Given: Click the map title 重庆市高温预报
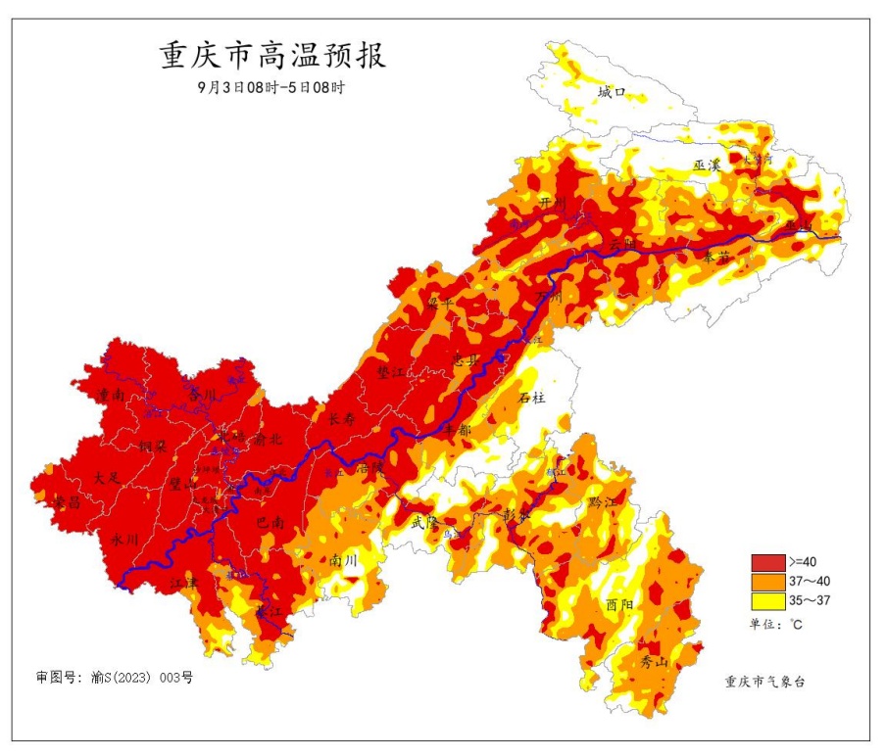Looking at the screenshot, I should pyautogui.click(x=272, y=56).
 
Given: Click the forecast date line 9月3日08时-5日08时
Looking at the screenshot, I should pyautogui.click(x=271, y=87).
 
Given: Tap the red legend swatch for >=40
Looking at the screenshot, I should pyautogui.click(x=767, y=562).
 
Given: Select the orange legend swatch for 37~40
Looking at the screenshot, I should pyautogui.click(x=767, y=582).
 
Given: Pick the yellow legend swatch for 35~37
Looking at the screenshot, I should pyautogui.click(x=767, y=600).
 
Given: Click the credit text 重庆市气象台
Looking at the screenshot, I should pyautogui.click(x=764, y=682).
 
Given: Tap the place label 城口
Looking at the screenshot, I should pyautogui.click(x=612, y=93).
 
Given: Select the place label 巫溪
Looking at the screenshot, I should pyautogui.click(x=707, y=165).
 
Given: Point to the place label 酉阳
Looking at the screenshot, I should pyautogui.click(x=619, y=604).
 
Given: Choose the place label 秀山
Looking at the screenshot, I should pyautogui.click(x=653, y=662).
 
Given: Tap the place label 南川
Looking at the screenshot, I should pyautogui.click(x=344, y=561).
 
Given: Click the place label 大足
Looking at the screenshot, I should pyautogui.click(x=106, y=479).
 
